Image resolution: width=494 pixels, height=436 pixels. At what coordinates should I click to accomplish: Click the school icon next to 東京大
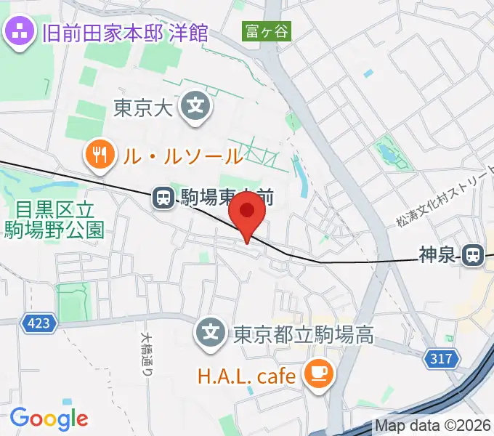pos(196,106)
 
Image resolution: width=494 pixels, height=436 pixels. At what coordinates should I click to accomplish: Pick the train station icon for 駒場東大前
pos(163,196)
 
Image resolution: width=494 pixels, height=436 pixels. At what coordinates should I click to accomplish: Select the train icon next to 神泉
pos(473,254)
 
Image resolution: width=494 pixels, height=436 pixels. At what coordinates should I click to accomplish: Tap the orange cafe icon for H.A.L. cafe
pos(318,374)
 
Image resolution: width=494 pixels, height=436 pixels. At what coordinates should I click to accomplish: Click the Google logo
pos(49,419)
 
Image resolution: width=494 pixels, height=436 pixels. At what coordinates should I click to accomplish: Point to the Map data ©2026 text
pos(433,426)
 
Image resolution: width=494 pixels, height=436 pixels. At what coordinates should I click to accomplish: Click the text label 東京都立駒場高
pos(303,335)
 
